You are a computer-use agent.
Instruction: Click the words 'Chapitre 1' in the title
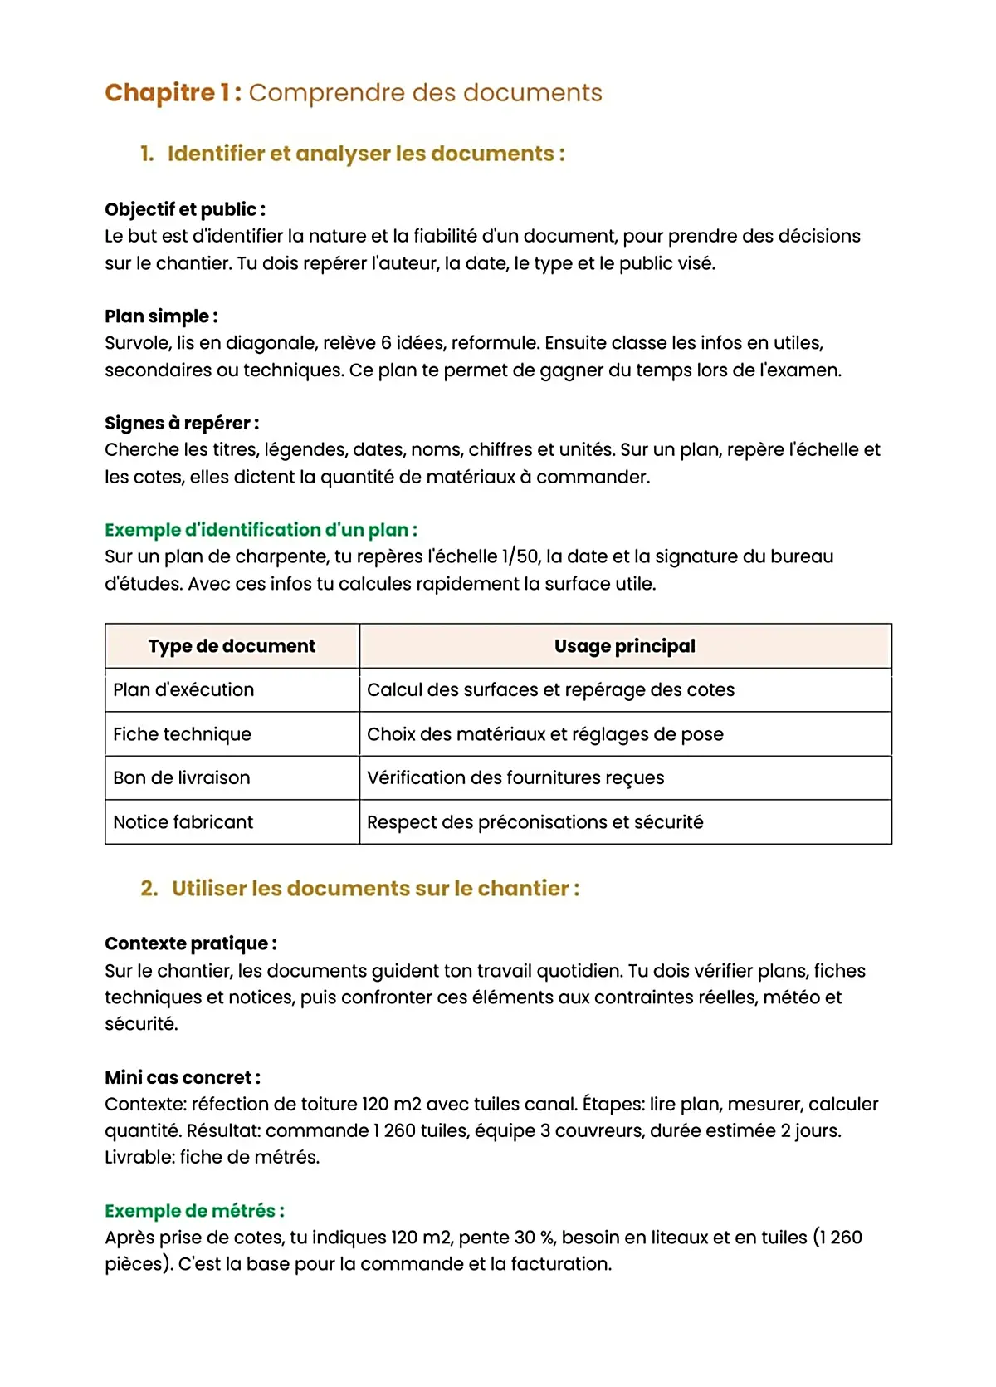point(173,93)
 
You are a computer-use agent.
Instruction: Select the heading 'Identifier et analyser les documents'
point(365,154)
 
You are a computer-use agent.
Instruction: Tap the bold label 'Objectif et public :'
point(184,209)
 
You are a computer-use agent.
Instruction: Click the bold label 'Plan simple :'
point(161,316)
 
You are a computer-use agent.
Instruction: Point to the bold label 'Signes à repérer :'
point(182,423)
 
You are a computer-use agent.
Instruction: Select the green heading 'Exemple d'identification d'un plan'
point(261,530)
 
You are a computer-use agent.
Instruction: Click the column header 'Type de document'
point(232,646)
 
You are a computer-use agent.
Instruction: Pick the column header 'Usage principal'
point(624,646)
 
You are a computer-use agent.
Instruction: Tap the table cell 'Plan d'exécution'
point(183,690)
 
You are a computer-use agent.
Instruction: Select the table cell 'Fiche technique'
point(182,734)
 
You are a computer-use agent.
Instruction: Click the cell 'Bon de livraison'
point(181,778)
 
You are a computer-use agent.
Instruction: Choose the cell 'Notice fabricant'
point(183,822)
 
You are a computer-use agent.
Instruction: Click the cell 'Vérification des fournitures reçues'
point(515,778)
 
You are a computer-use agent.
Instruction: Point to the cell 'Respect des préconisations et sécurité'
point(535,822)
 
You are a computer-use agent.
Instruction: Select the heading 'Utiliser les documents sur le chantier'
point(375,889)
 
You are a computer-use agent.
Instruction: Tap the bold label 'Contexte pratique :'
point(190,943)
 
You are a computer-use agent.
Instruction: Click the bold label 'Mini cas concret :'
point(182,1078)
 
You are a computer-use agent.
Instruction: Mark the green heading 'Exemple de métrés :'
point(194,1211)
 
